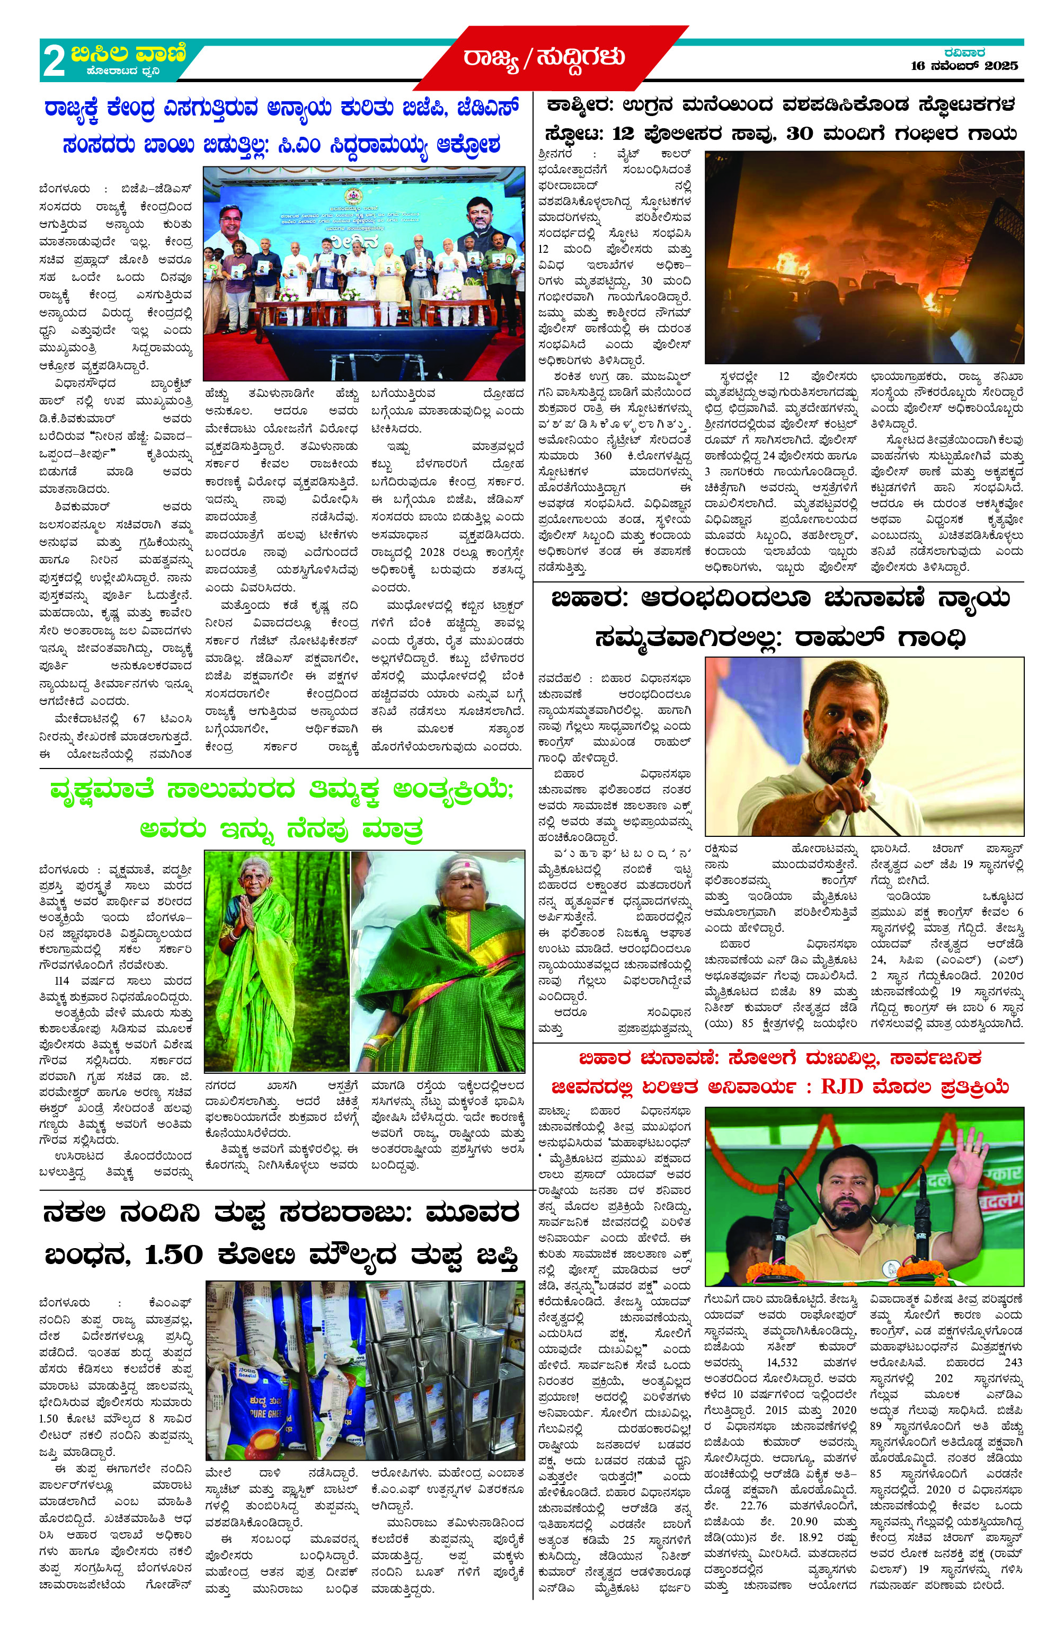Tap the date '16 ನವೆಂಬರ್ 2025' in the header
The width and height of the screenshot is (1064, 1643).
click(964, 66)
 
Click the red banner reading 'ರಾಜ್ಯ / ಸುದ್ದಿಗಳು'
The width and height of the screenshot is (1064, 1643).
click(544, 57)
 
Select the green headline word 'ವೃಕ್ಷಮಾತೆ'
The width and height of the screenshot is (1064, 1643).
click(102, 790)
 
